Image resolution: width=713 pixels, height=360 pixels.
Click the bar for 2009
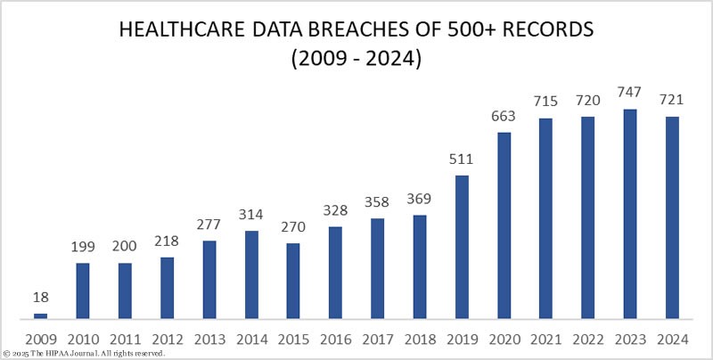(40, 315)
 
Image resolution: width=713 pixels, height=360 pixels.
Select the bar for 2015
(293, 280)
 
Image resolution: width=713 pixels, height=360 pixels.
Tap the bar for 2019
(462, 246)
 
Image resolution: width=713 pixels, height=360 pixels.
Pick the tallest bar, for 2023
(630, 213)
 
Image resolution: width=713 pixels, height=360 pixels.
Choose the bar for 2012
(167, 287)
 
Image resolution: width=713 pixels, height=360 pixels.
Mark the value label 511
(462, 160)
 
